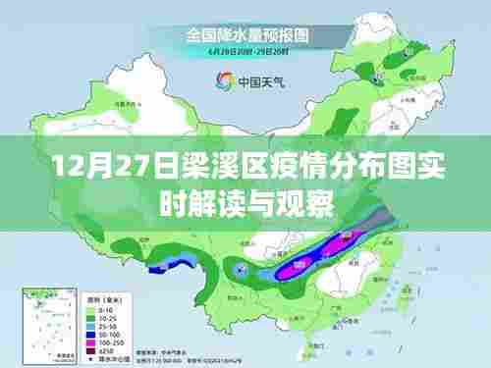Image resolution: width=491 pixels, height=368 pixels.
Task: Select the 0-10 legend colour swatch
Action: pyautogui.click(x=95, y=302)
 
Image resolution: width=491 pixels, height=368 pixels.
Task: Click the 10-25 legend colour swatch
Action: pyautogui.click(x=95, y=311)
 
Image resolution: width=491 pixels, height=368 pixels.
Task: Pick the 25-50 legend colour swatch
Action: pyautogui.click(x=95, y=320)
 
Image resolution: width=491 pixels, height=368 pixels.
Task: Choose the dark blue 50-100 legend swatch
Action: pyautogui.click(x=95, y=329)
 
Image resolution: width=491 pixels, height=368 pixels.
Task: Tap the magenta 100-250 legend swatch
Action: pyautogui.click(x=95, y=338)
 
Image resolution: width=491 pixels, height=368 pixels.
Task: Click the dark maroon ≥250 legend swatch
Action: pyautogui.click(x=95, y=346)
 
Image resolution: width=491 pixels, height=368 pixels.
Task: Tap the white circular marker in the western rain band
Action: pyautogui.click(x=242, y=268)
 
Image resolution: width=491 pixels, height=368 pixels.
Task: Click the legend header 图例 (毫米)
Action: pyautogui.click(x=104, y=292)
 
